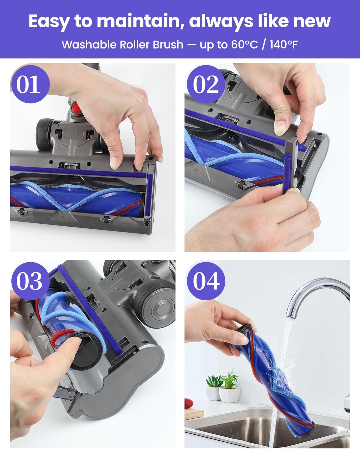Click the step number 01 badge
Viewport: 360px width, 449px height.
(29, 84)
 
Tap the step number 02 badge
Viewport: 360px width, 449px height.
(206, 84)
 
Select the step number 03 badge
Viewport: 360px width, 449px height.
(29, 281)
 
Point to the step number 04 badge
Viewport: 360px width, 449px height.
(206, 281)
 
